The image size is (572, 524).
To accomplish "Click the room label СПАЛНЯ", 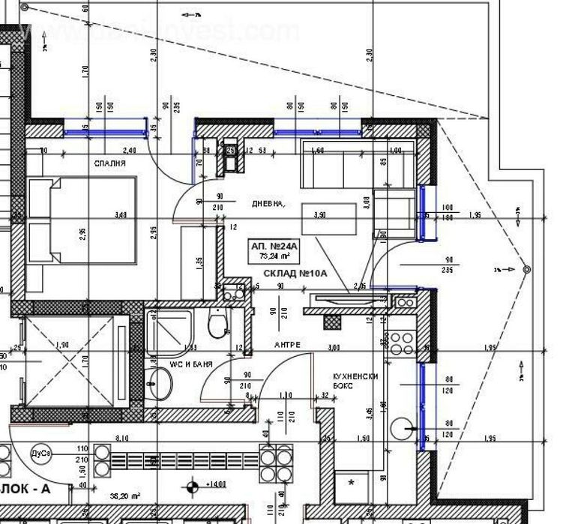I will pyautogui.click(x=109, y=163).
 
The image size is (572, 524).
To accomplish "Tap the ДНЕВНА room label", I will pyautogui.click(x=268, y=202).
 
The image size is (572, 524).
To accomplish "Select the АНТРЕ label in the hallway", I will pyautogui.click(x=286, y=344).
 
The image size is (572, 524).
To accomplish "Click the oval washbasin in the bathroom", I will pyautogui.click(x=160, y=385).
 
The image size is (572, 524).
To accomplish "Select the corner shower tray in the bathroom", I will pyautogui.click(x=172, y=327).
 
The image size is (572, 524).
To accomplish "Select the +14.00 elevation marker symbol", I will pyautogui.click(x=193, y=488).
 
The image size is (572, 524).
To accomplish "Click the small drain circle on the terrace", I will pyautogui.click(x=527, y=268).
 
